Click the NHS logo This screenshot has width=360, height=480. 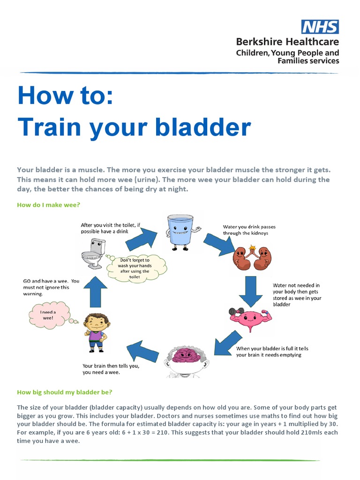coord(320,27)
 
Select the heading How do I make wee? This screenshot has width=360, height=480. coord(48,204)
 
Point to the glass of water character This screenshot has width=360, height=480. coord(180,230)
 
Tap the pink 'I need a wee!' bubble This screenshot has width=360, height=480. coord(49,314)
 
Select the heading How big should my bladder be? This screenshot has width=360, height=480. coord(65,392)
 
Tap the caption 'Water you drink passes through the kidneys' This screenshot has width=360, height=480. coord(249,230)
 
